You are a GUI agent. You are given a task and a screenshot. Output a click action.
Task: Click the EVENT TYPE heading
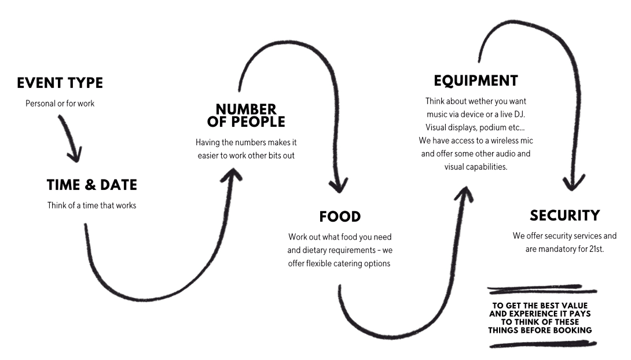coord(60,83)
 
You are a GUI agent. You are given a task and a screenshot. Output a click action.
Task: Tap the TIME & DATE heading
coord(91,185)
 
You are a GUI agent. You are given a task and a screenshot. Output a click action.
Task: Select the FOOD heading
coord(340,216)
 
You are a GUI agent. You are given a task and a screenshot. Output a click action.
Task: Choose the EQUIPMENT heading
coord(475,80)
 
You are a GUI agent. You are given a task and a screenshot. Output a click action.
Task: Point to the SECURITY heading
coord(564,216)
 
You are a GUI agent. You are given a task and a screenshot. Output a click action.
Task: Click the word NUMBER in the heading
coord(246,109)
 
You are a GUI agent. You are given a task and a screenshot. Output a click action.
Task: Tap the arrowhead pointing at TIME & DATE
coord(75,155)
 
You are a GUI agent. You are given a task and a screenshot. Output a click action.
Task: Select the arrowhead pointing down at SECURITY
coord(575,185)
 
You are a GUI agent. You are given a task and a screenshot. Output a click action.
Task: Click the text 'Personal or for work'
coord(60,104)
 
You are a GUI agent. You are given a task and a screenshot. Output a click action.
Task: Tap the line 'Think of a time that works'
coord(91,205)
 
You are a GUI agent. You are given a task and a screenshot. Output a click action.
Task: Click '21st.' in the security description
coord(595,249)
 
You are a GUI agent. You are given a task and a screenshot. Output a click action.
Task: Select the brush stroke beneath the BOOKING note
coord(542,344)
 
